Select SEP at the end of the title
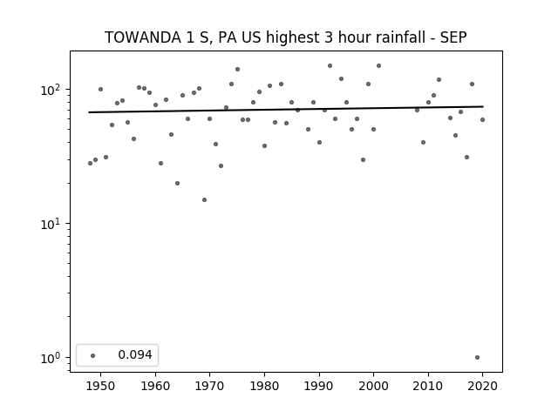click(x=453, y=37)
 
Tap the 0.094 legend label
click(x=135, y=354)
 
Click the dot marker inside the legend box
click(x=93, y=355)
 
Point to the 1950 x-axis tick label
click(x=101, y=386)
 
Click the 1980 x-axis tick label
click(x=264, y=386)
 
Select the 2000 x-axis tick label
click(x=373, y=386)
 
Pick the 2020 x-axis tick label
click(x=482, y=386)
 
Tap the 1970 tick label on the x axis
click(x=209, y=386)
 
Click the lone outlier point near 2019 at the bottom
click(x=477, y=358)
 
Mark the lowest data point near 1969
click(x=204, y=199)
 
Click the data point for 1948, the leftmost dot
click(x=90, y=163)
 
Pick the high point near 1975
click(x=237, y=70)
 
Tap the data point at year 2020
click(x=482, y=120)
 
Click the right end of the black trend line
click(x=483, y=106)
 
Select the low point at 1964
click(x=177, y=184)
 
